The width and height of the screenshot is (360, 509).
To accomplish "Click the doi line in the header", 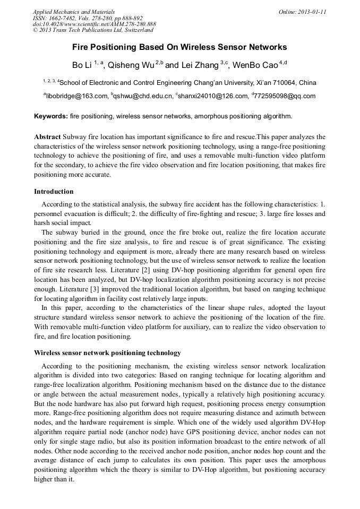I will click(x=95, y=24).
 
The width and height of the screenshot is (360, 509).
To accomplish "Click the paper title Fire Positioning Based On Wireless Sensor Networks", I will click(x=179, y=47).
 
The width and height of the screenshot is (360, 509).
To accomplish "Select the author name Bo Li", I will click(x=82, y=66).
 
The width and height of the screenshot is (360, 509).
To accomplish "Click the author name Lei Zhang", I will click(x=199, y=66).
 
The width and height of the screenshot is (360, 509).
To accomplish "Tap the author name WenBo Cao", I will click(x=255, y=66).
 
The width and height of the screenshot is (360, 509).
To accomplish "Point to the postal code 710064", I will click(x=283, y=83).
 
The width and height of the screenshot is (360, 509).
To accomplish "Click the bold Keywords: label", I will click(x=51, y=116).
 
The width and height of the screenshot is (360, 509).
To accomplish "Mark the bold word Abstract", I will click(x=47, y=136).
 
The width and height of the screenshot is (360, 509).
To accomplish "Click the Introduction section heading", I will click(x=54, y=192).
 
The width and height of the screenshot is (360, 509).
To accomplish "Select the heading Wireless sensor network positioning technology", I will click(x=107, y=353).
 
